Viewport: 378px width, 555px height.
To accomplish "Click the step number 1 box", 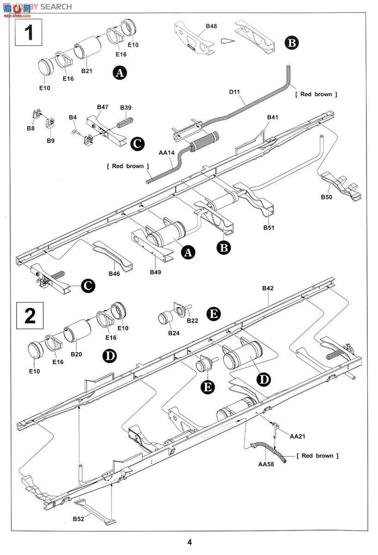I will pos(29,32).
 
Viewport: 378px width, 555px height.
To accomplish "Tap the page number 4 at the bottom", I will pos(189,542).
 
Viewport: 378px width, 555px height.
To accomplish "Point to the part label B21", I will pos(87,71).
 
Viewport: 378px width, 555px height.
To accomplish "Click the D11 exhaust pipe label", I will pos(235,92).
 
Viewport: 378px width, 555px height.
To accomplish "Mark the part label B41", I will pos(273,117).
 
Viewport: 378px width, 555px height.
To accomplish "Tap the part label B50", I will pos(327,197).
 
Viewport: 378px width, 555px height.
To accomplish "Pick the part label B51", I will pos(269,228).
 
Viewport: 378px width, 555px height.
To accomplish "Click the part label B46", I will pos(115,274).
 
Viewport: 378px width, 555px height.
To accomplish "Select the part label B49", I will pos(155,272).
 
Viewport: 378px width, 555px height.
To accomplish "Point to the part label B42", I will pos(268,288).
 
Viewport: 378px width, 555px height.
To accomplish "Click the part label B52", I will pos(79,519).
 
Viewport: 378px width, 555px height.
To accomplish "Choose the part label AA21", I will pos(297,436).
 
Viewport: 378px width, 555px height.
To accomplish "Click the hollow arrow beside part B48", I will pos(226,41).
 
